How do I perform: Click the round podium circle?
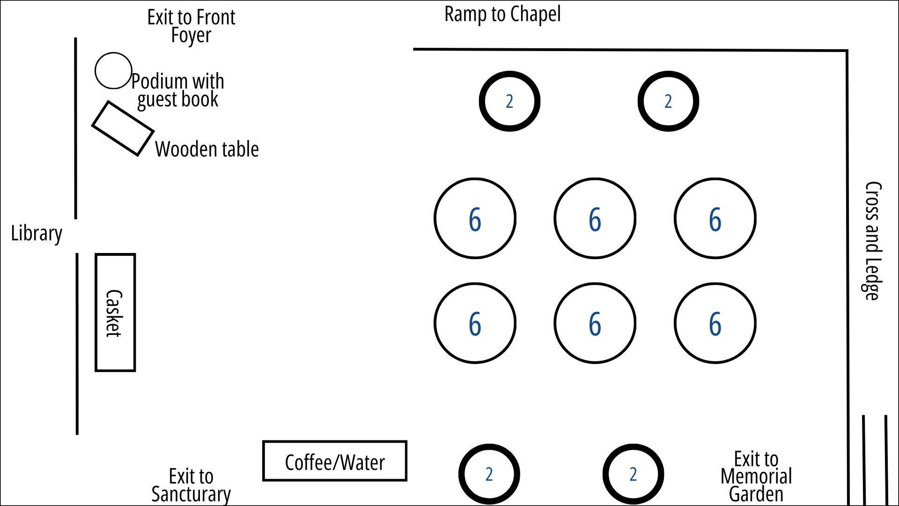113,70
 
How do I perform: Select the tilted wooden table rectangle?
123,128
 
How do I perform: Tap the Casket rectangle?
115,313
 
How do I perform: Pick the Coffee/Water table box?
334,461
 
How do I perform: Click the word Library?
37,233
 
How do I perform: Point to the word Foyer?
191,35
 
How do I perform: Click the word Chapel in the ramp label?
535,14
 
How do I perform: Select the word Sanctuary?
191,494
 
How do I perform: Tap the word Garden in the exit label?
756,494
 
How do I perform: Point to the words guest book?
178,99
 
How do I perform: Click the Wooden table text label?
207,149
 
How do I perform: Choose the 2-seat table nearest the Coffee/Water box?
489,474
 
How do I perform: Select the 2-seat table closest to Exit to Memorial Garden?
633,474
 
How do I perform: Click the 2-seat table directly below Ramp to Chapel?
509,101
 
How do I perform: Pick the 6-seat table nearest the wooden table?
475,218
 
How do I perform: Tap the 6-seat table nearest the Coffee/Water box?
475,323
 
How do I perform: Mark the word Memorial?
756,476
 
